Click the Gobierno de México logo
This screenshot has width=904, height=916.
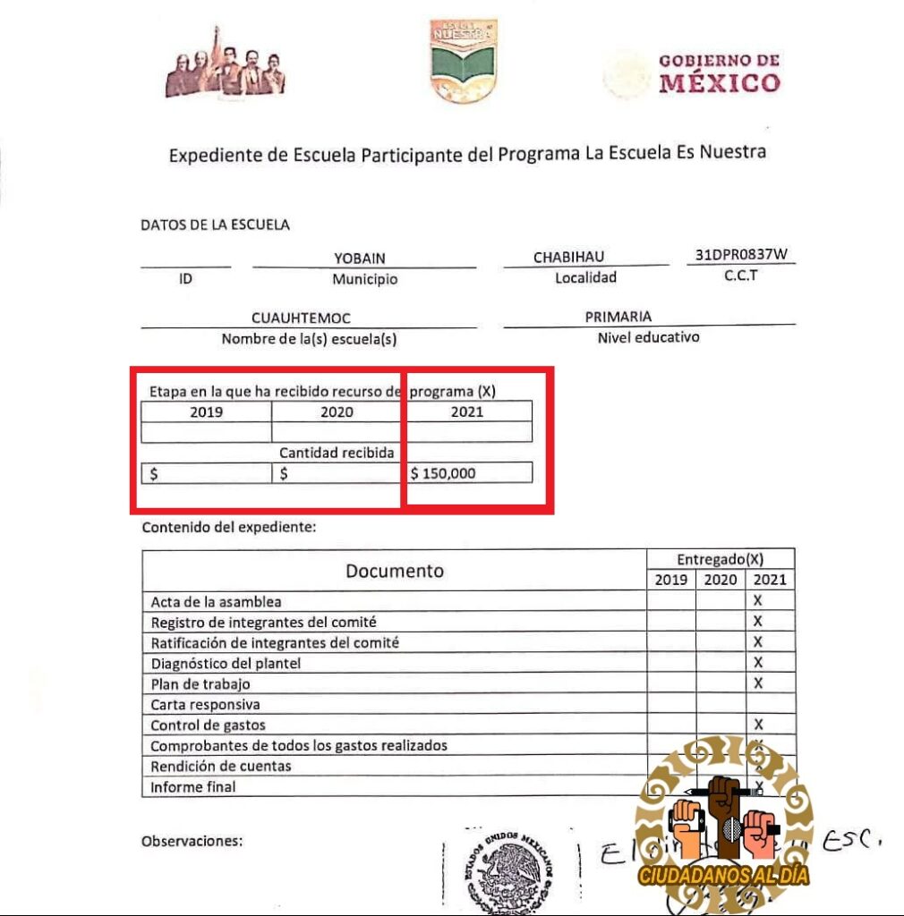click(691, 73)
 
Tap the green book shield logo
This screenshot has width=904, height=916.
click(463, 60)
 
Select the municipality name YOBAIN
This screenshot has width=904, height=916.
click(360, 259)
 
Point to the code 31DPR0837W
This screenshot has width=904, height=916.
click(742, 254)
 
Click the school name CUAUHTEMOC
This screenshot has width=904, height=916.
click(301, 318)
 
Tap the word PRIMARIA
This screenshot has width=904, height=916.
click(618, 317)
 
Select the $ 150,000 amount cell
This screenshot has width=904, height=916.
click(469, 473)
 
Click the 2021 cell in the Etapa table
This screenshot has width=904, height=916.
click(467, 411)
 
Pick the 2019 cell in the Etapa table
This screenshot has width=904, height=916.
click(207, 412)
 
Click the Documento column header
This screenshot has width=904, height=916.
click(395, 571)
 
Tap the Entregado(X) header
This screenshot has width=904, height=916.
click(720, 559)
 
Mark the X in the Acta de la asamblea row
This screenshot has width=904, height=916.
click(757, 601)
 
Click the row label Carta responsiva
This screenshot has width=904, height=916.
click(205, 704)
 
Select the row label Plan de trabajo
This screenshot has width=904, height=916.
click(200, 683)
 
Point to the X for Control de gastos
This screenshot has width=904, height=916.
click(757, 724)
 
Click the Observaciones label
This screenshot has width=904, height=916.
click(192, 841)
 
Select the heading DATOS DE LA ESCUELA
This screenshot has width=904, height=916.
click(215, 225)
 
